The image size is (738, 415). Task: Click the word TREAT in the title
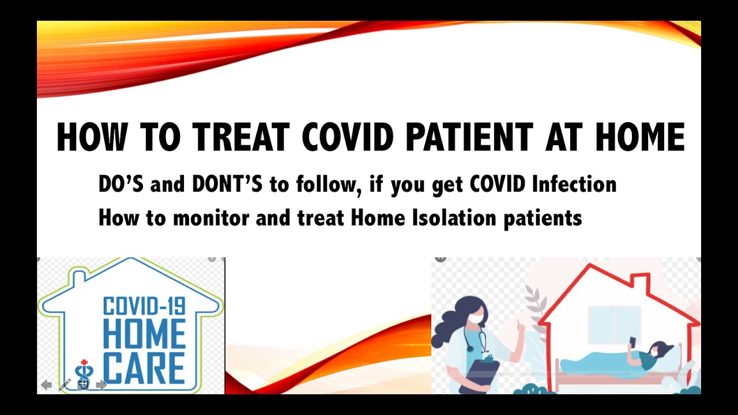[240, 137]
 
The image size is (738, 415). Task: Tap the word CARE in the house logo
[144, 369]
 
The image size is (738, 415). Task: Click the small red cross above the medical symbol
[84, 362]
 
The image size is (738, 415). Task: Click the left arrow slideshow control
[47, 385]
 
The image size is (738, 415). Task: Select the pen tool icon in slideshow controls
[65, 385]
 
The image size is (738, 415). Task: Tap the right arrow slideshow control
[101, 385]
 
